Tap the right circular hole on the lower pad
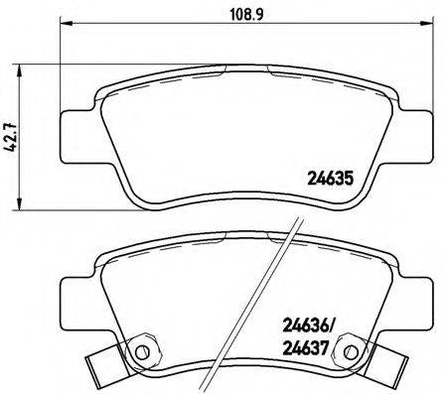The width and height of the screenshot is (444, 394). click(348, 352)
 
